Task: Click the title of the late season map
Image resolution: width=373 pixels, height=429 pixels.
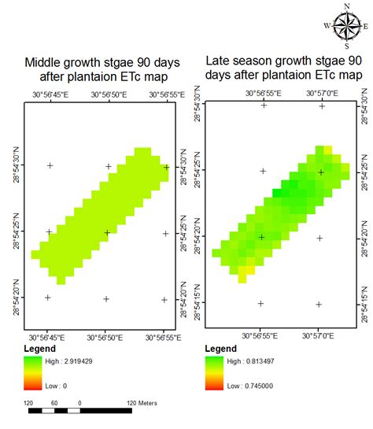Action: (284, 67)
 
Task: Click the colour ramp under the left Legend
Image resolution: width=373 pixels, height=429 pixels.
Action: (33, 371)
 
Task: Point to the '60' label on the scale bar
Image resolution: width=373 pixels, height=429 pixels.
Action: (55, 403)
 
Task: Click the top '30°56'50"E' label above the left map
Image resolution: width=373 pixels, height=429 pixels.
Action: (108, 94)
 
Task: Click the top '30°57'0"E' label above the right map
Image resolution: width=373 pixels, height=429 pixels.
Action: (322, 93)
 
